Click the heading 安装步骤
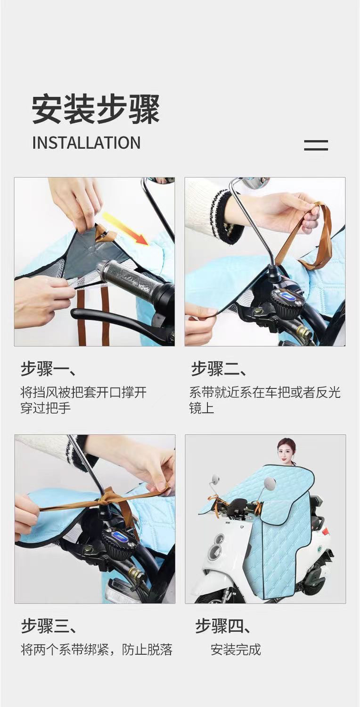pyautogui.click(x=96, y=109)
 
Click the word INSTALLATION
pyautogui.click(x=86, y=143)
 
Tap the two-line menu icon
pyautogui.click(x=316, y=145)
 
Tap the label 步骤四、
pyautogui.click(x=223, y=626)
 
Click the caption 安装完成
pyautogui.click(x=236, y=649)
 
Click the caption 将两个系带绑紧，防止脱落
pyautogui.click(x=97, y=649)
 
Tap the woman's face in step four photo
pyautogui.click(x=286, y=452)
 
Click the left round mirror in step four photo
pyautogui.click(x=215, y=480)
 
